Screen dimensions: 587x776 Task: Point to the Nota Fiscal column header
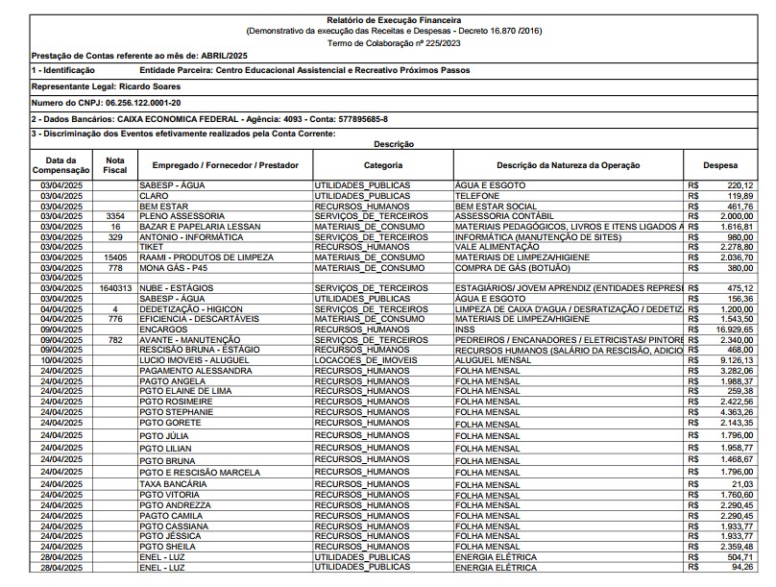115,164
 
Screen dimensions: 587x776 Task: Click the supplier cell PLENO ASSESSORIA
182,216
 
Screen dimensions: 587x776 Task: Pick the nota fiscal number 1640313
115,287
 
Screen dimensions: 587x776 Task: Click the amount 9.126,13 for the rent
735,359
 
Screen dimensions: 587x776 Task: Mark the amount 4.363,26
735,412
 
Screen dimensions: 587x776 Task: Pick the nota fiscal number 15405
115,257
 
